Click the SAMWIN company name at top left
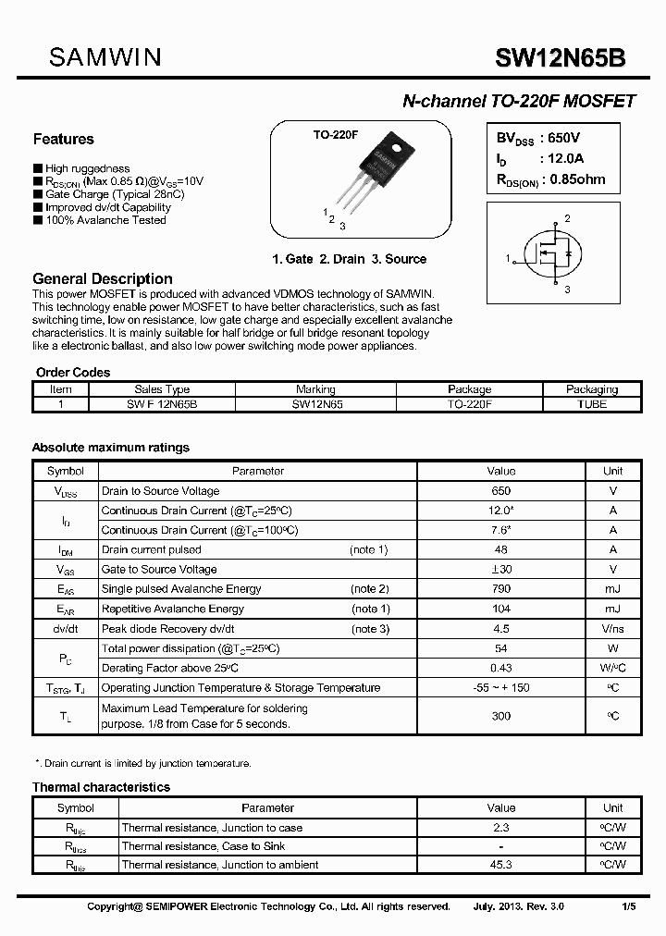pos(105,57)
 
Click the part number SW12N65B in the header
pos(561,58)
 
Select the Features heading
pos(63,139)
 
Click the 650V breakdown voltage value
pos(561,137)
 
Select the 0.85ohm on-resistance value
pos(578,179)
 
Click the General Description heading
pos(102,278)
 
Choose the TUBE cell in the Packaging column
pos(591,404)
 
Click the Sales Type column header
pos(162,389)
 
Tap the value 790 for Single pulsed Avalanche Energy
pos(501,589)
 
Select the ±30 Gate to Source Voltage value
pos(501,570)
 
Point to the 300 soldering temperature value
pos(501,716)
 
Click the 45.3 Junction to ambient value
pos(501,865)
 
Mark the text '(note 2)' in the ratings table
pos(369,589)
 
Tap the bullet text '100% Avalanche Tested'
pos(105,220)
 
